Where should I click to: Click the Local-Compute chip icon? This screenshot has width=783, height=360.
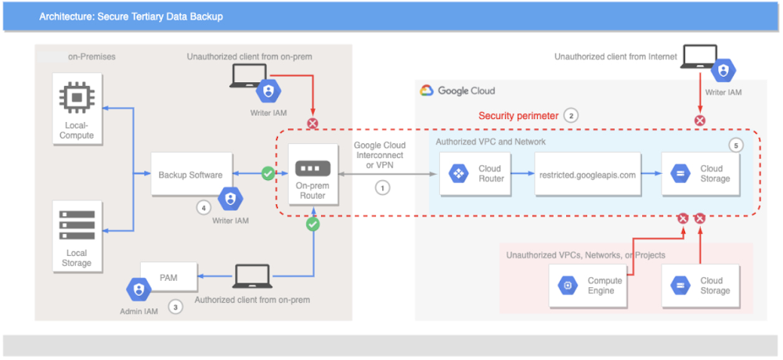78,100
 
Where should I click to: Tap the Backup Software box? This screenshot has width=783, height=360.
191,175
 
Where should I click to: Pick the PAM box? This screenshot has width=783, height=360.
168,276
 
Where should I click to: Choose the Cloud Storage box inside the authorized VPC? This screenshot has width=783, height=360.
699,174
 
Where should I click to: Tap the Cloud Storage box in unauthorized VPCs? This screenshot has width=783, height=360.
699,286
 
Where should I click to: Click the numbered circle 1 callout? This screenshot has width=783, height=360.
382,188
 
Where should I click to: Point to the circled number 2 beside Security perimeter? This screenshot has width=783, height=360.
572,116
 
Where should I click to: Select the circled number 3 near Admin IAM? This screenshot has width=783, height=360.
175,307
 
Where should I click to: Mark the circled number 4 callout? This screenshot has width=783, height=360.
204,208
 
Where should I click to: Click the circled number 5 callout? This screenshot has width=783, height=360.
734,145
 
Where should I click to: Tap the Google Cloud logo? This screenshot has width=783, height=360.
426,91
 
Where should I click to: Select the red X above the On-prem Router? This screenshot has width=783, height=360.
312,124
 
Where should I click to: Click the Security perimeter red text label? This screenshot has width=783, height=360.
518,116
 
